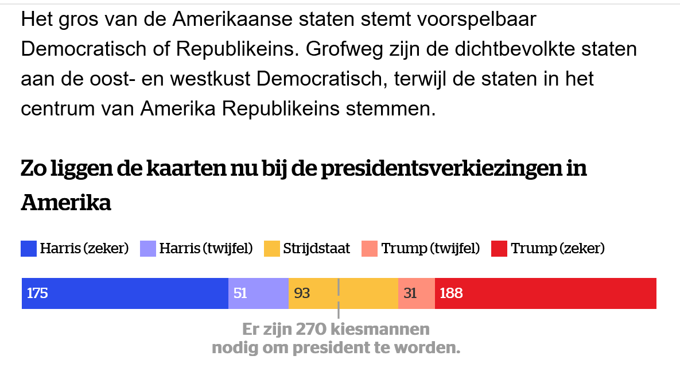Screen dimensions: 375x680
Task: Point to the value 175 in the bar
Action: click(x=37, y=293)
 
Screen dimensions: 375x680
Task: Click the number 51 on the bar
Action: click(x=240, y=293)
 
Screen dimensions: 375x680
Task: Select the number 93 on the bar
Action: click(x=302, y=293)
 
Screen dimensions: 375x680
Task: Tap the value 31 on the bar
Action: click(x=410, y=293)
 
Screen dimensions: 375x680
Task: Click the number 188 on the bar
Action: click(x=451, y=293)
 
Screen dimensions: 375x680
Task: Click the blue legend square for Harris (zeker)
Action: click(x=29, y=249)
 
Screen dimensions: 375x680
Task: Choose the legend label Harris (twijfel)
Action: click(x=206, y=249)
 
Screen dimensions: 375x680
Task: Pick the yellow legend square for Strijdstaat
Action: click(x=271, y=249)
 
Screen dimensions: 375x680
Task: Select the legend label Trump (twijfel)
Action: click(x=430, y=249)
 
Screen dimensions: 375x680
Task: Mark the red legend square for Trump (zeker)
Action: click(x=499, y=249)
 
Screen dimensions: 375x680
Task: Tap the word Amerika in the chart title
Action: click(x=66, y=203)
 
